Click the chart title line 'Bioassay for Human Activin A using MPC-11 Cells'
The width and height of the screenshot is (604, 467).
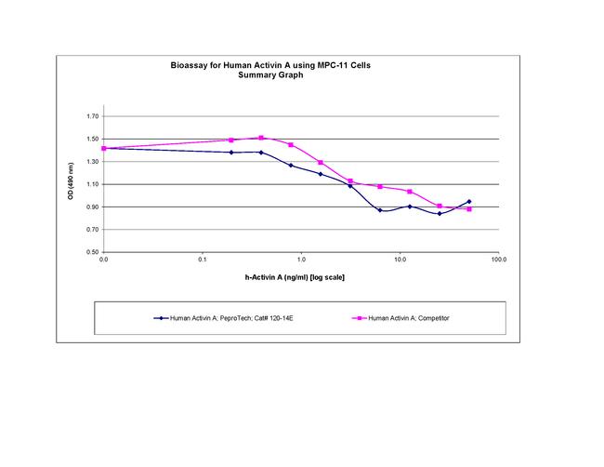pos(276,67)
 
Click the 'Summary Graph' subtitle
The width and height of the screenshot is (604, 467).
pos(276,75)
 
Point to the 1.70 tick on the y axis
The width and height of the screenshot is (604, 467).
pos(91,116)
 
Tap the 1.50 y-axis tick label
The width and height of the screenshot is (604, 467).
pos(91,140)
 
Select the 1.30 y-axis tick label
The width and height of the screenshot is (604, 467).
pos(91,162)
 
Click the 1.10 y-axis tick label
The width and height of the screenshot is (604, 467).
pos(91,184)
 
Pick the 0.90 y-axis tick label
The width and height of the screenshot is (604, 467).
pos(91,207)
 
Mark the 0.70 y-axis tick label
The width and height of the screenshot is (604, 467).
pos(91,230)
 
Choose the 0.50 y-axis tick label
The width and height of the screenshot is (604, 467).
pos(91,252)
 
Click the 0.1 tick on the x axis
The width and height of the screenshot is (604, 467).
pos(203,260)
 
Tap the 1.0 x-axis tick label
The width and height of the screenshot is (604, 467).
pos(301,260)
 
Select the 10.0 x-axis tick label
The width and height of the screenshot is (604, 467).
pos(400,260)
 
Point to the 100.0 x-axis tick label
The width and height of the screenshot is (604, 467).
pos(498,260)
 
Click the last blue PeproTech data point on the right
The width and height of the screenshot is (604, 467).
pos(469,201)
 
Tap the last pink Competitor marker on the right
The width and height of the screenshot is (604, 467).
pos(469,209)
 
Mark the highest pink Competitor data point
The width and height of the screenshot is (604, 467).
pos(261,138)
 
